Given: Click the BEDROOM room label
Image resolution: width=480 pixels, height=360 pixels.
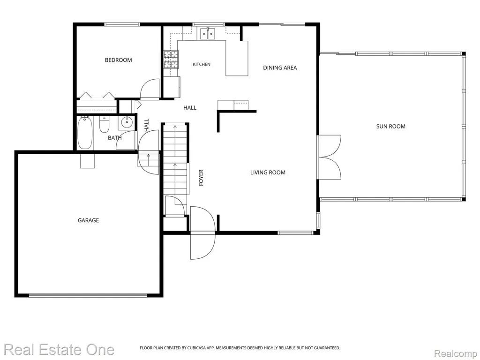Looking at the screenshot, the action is (x=119, y=60).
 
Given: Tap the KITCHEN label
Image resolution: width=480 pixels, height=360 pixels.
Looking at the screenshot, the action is (x=202, y=64).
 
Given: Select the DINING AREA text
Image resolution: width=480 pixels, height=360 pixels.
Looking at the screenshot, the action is (x=280, y=67).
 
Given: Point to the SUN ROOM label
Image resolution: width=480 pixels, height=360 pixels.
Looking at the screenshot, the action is (x=390, y=126).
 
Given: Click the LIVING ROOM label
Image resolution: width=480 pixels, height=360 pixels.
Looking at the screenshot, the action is (x=268, y=172).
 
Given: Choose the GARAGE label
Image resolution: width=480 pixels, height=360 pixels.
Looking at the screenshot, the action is (x=88, y=220).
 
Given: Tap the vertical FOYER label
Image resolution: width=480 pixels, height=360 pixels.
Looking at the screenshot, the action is (x=201, y=178).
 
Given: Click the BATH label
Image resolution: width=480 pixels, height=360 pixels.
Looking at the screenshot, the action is (x=115, y=138).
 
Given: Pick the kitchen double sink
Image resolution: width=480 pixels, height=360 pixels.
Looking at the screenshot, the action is (x=208, y=33).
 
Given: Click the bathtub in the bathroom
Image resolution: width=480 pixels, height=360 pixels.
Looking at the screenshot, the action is (x=85, y=133).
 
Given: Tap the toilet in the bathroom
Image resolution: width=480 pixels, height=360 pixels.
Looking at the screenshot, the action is (x=105, y=125).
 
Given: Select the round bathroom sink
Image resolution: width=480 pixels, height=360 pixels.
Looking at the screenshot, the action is (x=126, y=122).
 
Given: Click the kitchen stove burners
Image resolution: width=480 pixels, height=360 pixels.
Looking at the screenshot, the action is (x=171, y=60).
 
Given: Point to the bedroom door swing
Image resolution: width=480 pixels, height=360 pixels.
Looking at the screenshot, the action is (x=150, y=89).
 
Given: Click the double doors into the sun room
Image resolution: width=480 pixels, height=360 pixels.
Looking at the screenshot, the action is (x=330, y=157).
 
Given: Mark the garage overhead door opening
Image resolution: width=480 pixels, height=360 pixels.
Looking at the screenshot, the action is (x=88, y=295).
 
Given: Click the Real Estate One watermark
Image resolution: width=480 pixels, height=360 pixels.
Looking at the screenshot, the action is (x=59, y=350).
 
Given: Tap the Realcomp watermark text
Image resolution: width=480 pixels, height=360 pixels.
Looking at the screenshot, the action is (x=456, y=353).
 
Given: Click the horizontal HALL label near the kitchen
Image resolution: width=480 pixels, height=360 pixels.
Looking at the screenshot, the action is (x=190, y=107).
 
